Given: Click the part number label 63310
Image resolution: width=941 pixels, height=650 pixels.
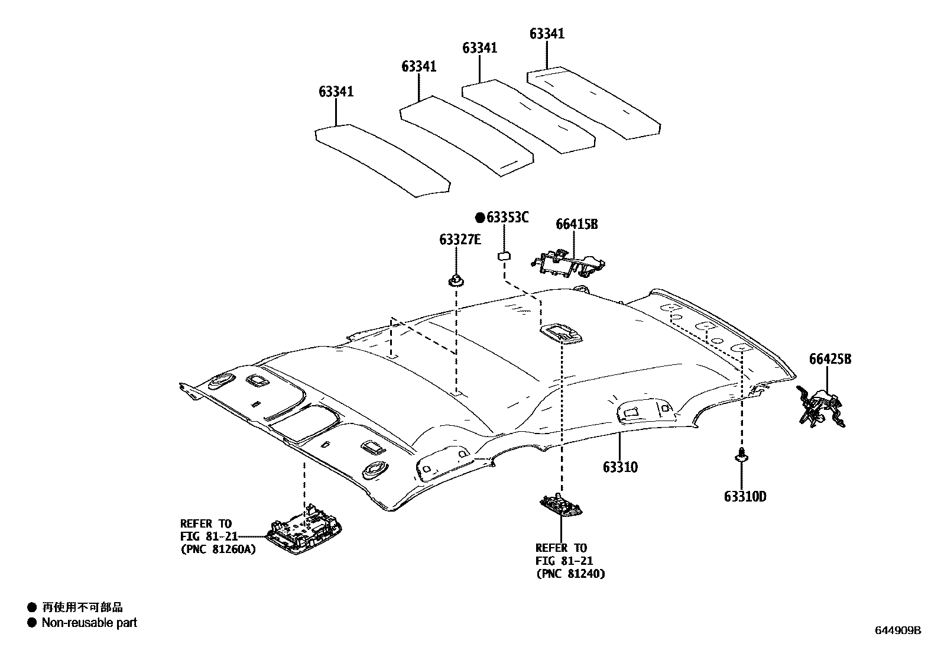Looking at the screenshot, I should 620,467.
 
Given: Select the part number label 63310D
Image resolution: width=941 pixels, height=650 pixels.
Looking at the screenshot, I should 745,497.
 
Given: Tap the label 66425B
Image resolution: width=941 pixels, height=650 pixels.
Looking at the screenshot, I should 830,358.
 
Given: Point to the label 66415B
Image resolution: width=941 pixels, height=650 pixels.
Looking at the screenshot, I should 576,224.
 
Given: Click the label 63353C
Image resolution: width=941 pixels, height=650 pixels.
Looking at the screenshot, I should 507,218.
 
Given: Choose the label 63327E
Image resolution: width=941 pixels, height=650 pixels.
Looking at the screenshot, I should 460,240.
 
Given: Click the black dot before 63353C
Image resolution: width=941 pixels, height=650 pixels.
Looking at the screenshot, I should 480,218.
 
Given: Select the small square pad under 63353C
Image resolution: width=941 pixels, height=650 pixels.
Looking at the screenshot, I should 504,256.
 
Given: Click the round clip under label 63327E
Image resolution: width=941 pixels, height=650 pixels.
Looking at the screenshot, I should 456,280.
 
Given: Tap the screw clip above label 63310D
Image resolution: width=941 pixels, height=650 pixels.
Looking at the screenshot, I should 740,456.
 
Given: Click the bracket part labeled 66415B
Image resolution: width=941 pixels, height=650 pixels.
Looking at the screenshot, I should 569,262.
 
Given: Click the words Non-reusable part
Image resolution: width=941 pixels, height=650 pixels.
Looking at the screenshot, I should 89,622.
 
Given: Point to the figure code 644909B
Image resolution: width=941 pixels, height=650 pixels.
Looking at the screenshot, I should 898,630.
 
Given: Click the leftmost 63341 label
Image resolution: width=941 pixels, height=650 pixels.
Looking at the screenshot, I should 336,92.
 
